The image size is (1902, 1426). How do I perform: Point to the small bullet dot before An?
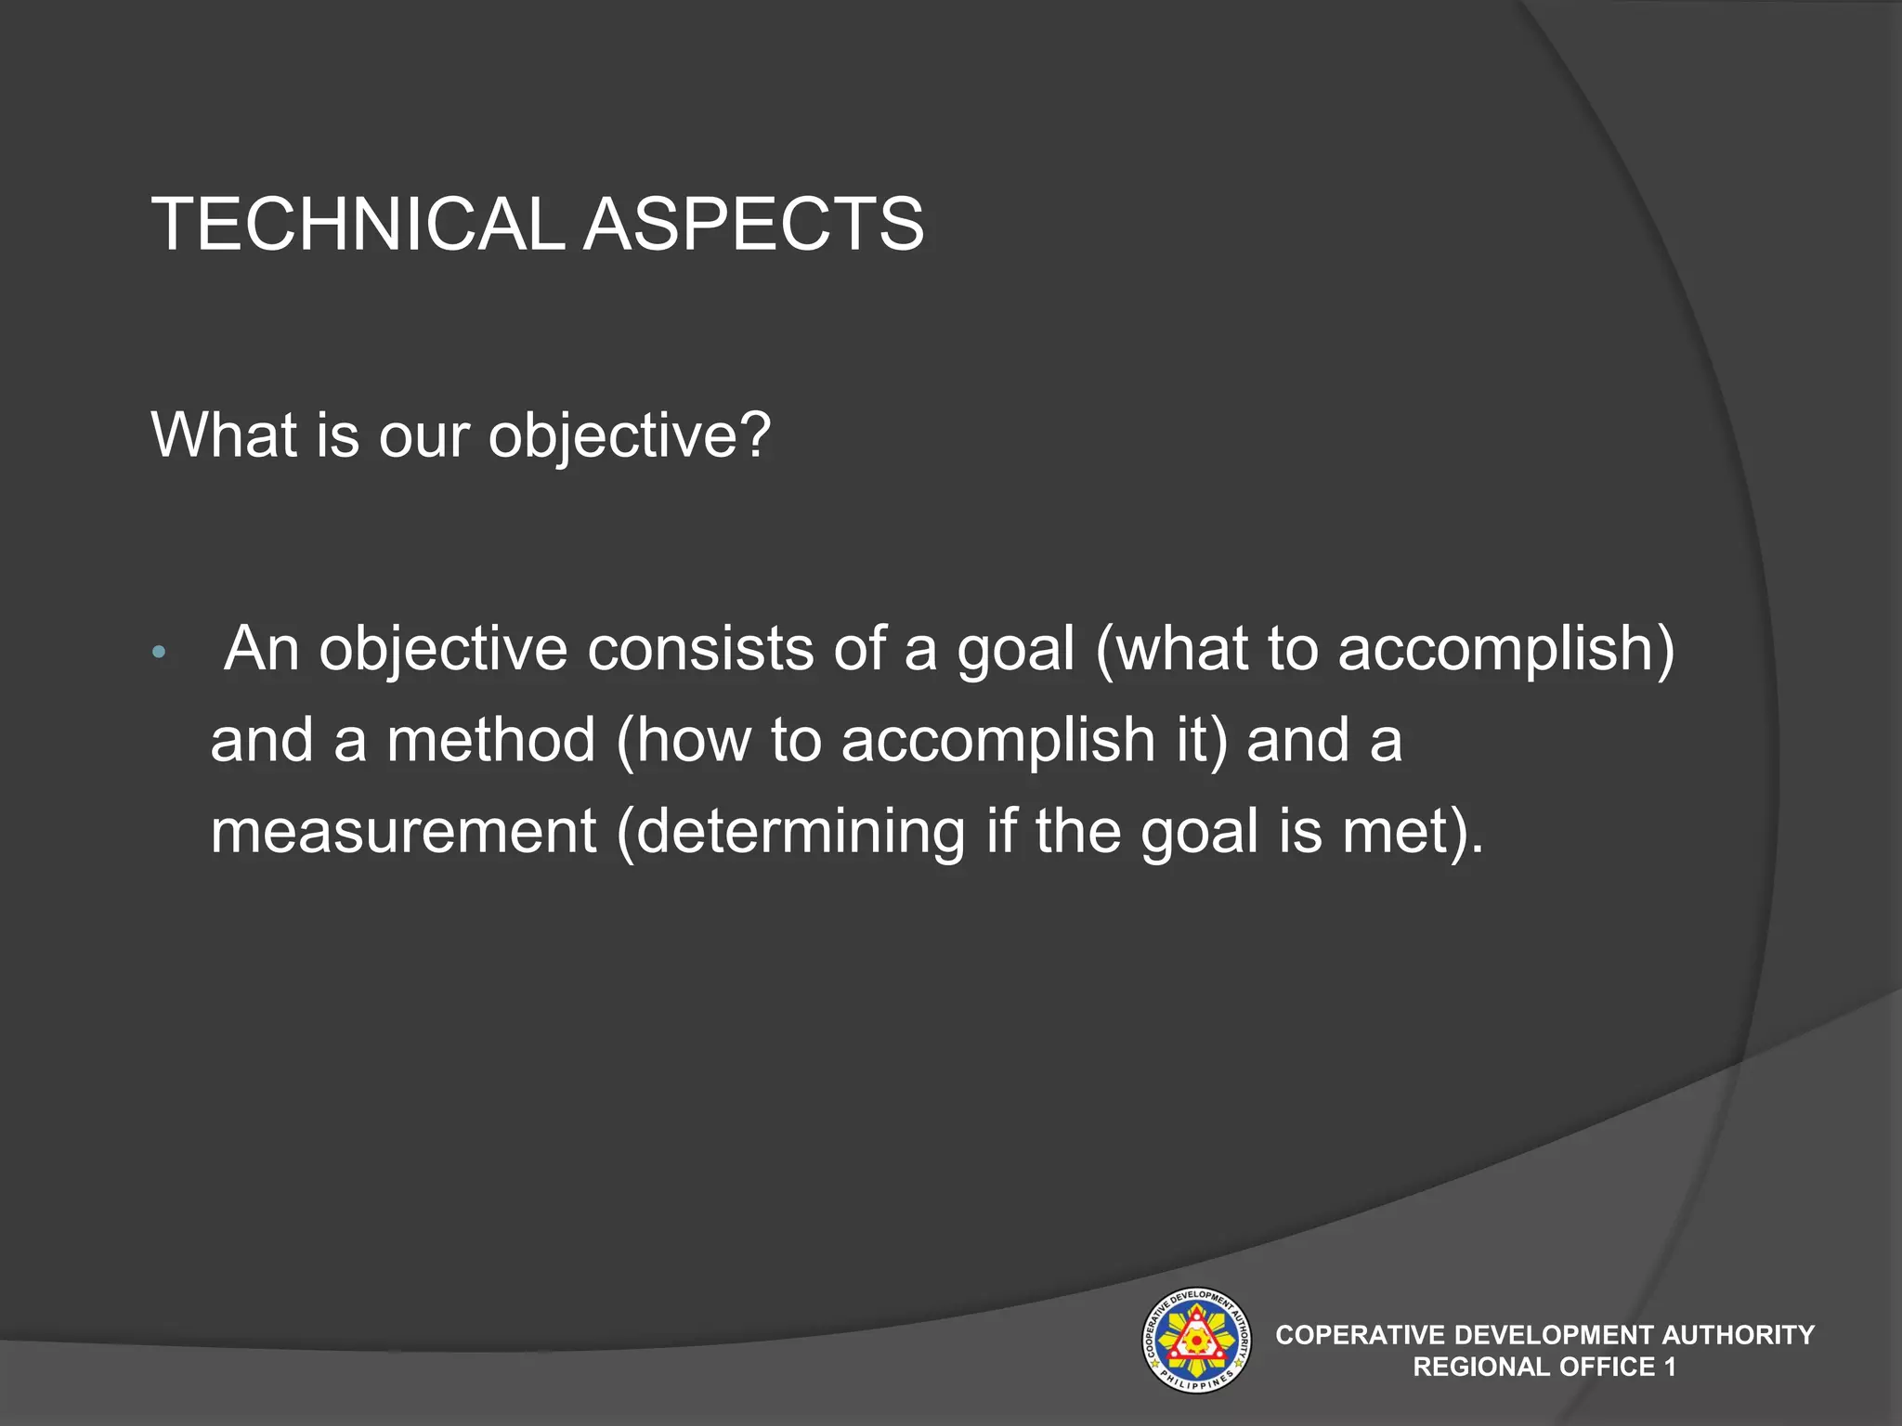pos(158,653)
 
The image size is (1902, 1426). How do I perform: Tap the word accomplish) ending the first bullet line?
pos(1505,648)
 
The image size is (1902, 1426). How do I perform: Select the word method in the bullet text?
pos(491,740)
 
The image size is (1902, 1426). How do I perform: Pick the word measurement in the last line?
pos(403,831)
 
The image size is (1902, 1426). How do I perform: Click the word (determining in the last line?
pos(791,831)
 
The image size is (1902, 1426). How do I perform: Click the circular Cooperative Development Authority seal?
pos(1195,1340)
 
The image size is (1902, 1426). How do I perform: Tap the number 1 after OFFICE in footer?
pos(1670,1367)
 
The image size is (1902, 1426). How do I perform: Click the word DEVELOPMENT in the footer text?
pos(1553,1335)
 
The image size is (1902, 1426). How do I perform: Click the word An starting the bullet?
pos(262,648)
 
